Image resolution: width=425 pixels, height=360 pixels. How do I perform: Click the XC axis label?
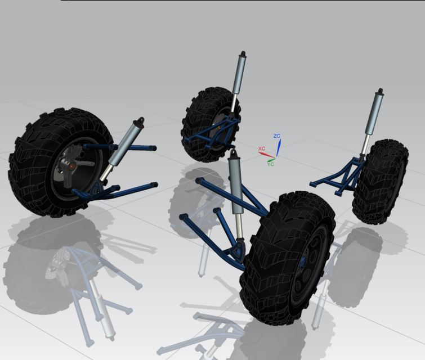261,148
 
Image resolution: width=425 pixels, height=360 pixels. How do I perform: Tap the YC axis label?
271,164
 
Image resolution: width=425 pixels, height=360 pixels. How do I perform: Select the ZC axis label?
276,136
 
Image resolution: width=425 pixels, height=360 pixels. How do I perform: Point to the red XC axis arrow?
267,154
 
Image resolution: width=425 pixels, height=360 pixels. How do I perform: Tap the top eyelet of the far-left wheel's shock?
140,120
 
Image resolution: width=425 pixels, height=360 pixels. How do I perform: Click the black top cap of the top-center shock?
243,55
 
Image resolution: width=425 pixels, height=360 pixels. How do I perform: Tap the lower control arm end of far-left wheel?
153,184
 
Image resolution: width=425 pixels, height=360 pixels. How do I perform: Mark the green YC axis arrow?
272,158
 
